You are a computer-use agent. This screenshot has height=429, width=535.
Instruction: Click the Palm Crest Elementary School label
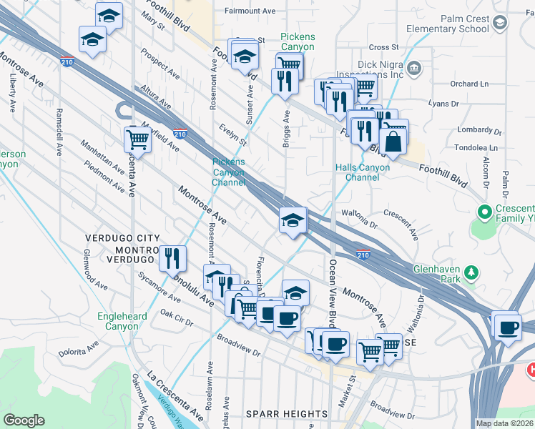447,24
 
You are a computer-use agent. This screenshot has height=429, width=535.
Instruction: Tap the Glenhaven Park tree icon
471,272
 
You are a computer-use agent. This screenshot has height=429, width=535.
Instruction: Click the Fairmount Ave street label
250,11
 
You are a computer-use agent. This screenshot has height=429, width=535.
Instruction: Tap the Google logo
24,420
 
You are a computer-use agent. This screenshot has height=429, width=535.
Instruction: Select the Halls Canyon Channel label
363,172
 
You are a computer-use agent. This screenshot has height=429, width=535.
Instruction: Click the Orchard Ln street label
469,84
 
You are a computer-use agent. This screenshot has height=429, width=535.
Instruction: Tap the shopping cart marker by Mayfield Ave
137,140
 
